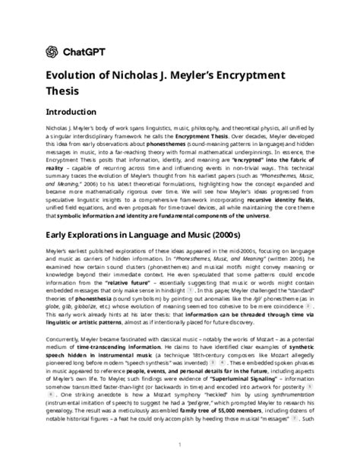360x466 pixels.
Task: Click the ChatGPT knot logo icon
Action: point(52,51)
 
